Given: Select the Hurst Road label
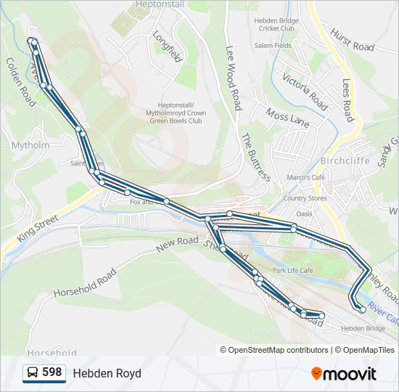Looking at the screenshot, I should [x=352, y=41].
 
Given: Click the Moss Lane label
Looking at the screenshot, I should [x=287, y=118].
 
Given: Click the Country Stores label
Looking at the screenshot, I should [x=305, y=198].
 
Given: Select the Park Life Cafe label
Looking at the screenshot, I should [x=292, y=270].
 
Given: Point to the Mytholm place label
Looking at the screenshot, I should [x=30, y=145].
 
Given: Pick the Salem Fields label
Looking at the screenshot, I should [x=273, y=45].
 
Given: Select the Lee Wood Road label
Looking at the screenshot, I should [x=233, y=78].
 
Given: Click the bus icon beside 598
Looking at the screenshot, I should [x=33, y=373].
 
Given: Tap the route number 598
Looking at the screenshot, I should [x=52, y=372].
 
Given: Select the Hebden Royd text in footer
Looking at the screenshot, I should [x=107, y=373].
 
